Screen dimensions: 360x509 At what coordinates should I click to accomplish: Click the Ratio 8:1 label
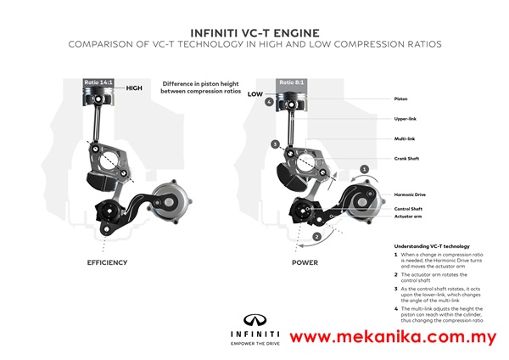click(289, 82)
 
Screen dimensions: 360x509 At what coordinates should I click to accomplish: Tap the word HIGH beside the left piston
click(135, 87)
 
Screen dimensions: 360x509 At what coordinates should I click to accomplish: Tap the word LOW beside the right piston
click(255, 94)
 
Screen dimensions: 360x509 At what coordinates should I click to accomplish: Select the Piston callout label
click(400, 98)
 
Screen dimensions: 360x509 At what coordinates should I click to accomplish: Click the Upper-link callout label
click(404, 119)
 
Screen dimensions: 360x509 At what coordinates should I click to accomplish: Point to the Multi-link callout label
click(403, 138)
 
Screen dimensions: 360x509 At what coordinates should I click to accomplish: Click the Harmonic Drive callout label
click(409, 194)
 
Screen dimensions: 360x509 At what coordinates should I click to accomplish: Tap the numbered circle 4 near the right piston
click(268, 102)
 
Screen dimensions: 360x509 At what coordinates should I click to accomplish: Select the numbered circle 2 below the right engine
click(316, 235)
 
